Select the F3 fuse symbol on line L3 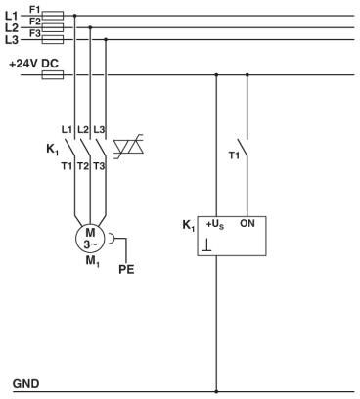[x=54, y=40]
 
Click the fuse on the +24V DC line [x=54, y=74]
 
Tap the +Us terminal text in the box [x=215, y=225]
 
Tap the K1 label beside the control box [x=188, y=225]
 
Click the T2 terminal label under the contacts [x=83, y=165]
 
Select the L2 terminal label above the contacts [x=83, y=129]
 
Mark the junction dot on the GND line [x=216, y=389]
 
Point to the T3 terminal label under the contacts [x=100, y=165]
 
